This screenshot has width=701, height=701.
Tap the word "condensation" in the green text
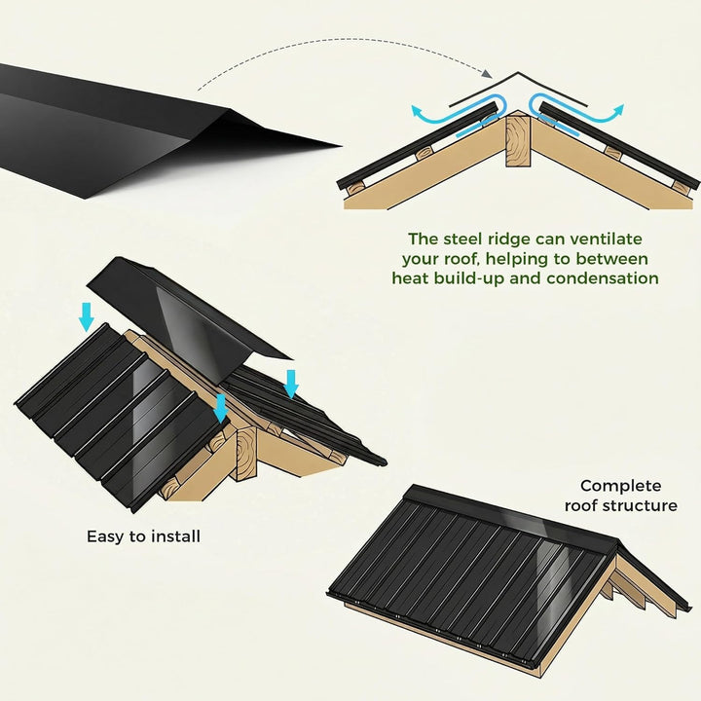click(603, 278)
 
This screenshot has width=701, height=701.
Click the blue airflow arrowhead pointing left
click(418, 112)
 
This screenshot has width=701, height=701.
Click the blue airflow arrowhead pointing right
click(617, 111)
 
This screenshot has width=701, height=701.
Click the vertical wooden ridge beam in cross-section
click(518, 140)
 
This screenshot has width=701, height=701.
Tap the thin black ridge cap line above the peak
click(518, 88)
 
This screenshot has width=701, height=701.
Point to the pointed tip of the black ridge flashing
click(341, 145)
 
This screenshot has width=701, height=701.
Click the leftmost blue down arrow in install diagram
click(87, 317)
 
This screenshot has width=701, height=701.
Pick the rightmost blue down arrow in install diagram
click(291, 384)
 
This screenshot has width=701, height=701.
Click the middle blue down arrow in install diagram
click(220, 408)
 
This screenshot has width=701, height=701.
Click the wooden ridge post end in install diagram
click(246, 453)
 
